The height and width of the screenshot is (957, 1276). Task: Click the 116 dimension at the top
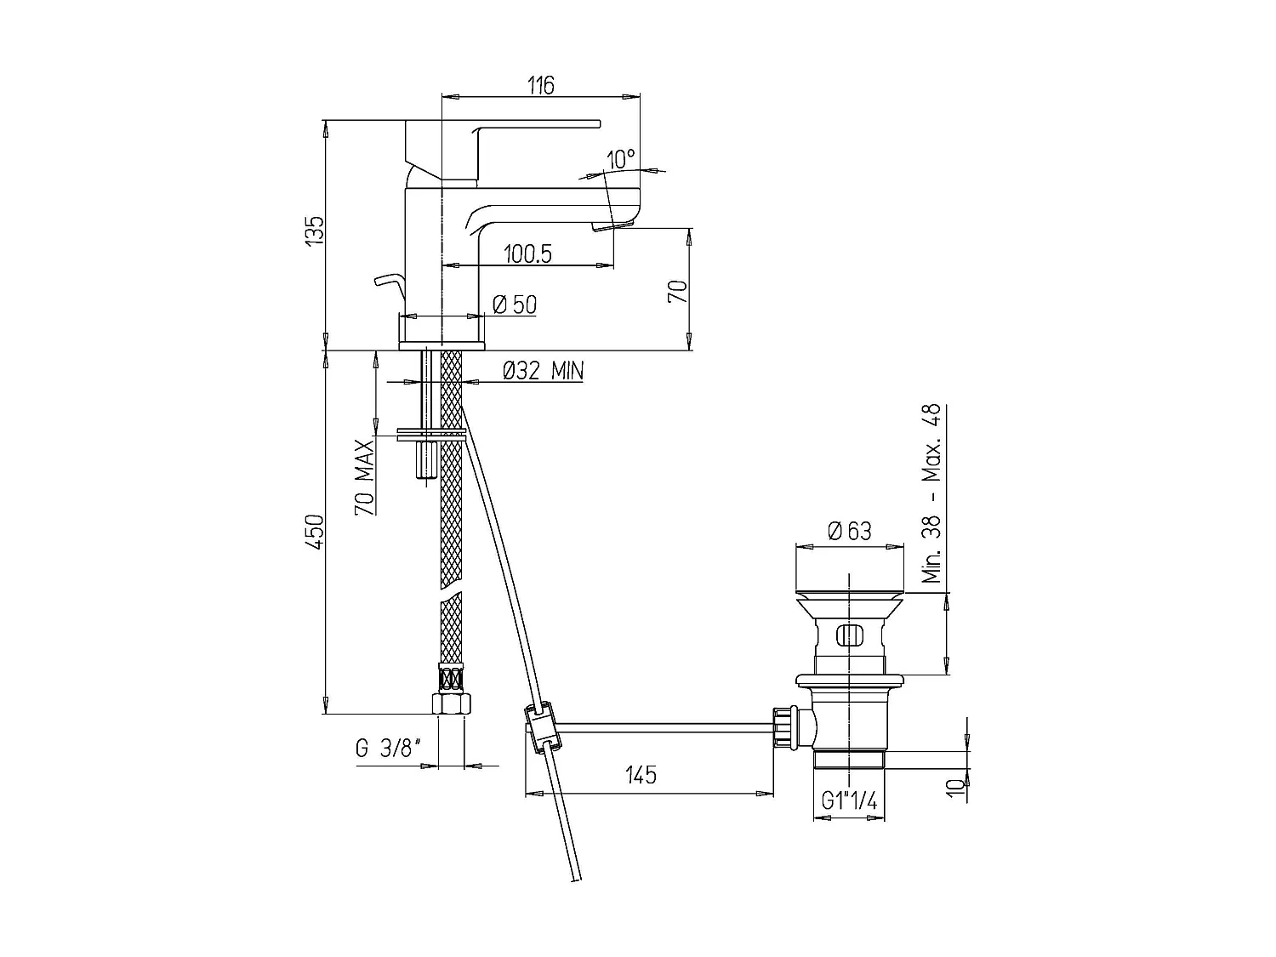click(541, 85)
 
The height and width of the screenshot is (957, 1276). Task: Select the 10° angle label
click(621, 159)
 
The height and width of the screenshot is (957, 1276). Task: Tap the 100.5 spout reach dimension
click(527, 253)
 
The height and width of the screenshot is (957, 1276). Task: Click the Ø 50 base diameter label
click(515, 305)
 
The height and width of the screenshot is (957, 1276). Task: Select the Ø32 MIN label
click(542, 371)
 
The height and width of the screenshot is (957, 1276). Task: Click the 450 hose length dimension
click(315, 532)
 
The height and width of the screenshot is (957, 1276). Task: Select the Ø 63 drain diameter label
click(849, 531)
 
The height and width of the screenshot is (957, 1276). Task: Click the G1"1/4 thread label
click(849, 801)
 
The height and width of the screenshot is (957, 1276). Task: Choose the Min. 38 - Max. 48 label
click(933, 493)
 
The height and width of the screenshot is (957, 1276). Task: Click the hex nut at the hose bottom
click(450, 704)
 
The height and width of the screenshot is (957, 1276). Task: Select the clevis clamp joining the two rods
click(540, 727)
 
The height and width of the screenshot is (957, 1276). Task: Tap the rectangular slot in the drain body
click(849, 635)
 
